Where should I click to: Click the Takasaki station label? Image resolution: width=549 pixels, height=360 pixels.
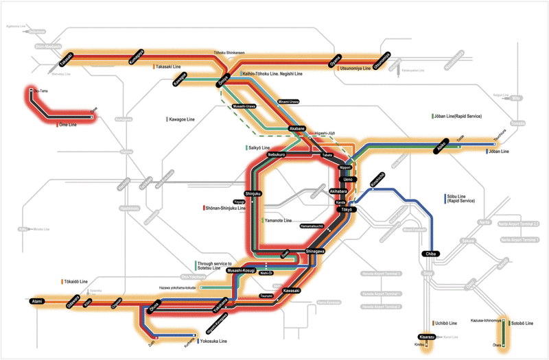click(67, 61)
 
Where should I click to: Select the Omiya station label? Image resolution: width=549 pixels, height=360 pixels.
click(223, 80)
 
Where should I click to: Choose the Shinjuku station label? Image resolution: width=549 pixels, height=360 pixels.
click(253, 194)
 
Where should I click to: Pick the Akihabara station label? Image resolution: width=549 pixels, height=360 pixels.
click(338, 191)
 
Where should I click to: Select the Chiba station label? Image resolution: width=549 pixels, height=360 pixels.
click(431, 254)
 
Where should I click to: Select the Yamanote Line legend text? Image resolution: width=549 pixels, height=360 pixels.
click(279, 221)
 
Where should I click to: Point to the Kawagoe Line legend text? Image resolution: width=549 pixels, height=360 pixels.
click(186, 119)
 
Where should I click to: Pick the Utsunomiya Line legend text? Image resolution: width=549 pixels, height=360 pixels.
click(355, 69)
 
